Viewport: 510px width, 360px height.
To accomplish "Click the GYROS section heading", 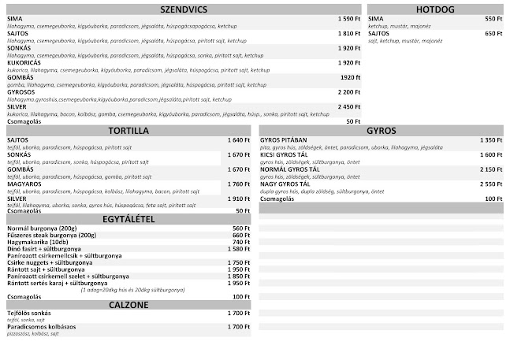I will (381, 131).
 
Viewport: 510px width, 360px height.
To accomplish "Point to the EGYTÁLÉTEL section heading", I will (127, 218).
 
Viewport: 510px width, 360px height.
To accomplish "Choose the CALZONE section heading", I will (127, 304).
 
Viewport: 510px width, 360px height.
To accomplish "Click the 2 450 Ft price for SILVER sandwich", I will (348, 106).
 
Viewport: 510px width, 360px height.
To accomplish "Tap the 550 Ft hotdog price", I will (493, 18).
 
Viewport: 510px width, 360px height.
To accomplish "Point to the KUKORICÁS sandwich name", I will (23, 62).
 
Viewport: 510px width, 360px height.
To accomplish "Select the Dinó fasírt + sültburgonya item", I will (49, 248).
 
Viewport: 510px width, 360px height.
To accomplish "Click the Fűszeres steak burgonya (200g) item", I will (51, 235).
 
